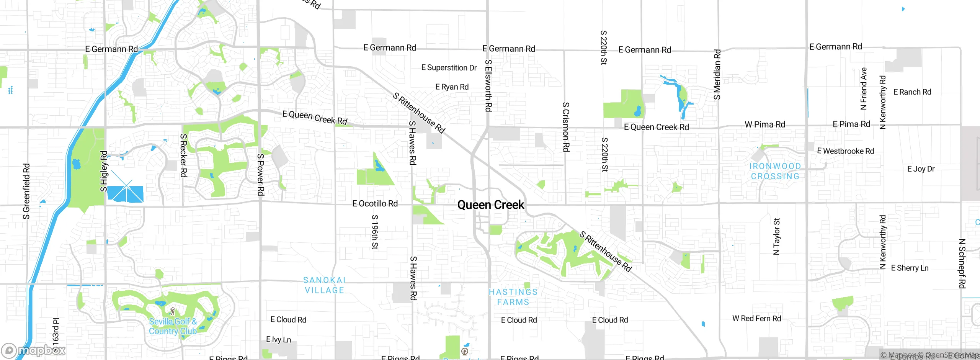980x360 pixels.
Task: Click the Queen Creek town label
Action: click(490, 205)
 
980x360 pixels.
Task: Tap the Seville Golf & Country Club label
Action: click(173, 327)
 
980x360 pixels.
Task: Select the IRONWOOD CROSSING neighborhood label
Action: click(775, 171)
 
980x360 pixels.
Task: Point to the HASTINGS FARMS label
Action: click(513, 297)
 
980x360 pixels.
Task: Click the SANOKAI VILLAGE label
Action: click(324, 285)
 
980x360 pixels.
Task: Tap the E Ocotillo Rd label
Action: click(375, 203)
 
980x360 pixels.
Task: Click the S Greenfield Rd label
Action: click(26, 191)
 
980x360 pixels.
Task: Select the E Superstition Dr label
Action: click(449, 68)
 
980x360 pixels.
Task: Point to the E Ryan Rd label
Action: click(452, 87)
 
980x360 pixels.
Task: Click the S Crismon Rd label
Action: click(566, 127)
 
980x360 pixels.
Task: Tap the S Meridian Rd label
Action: click(717, 74)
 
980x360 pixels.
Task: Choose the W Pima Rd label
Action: click(764, 124)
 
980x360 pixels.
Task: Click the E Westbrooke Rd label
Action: click(845, 151)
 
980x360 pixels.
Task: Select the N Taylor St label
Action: click(776, 236)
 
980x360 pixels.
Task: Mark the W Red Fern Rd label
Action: click(756, 319)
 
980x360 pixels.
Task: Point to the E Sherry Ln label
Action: click(910, 268)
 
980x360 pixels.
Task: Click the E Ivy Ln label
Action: click(278, 339)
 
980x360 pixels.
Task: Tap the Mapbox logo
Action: click(34, 350)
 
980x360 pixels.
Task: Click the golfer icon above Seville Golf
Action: click(172, 311)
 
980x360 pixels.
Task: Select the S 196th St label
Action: click(375, 232)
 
